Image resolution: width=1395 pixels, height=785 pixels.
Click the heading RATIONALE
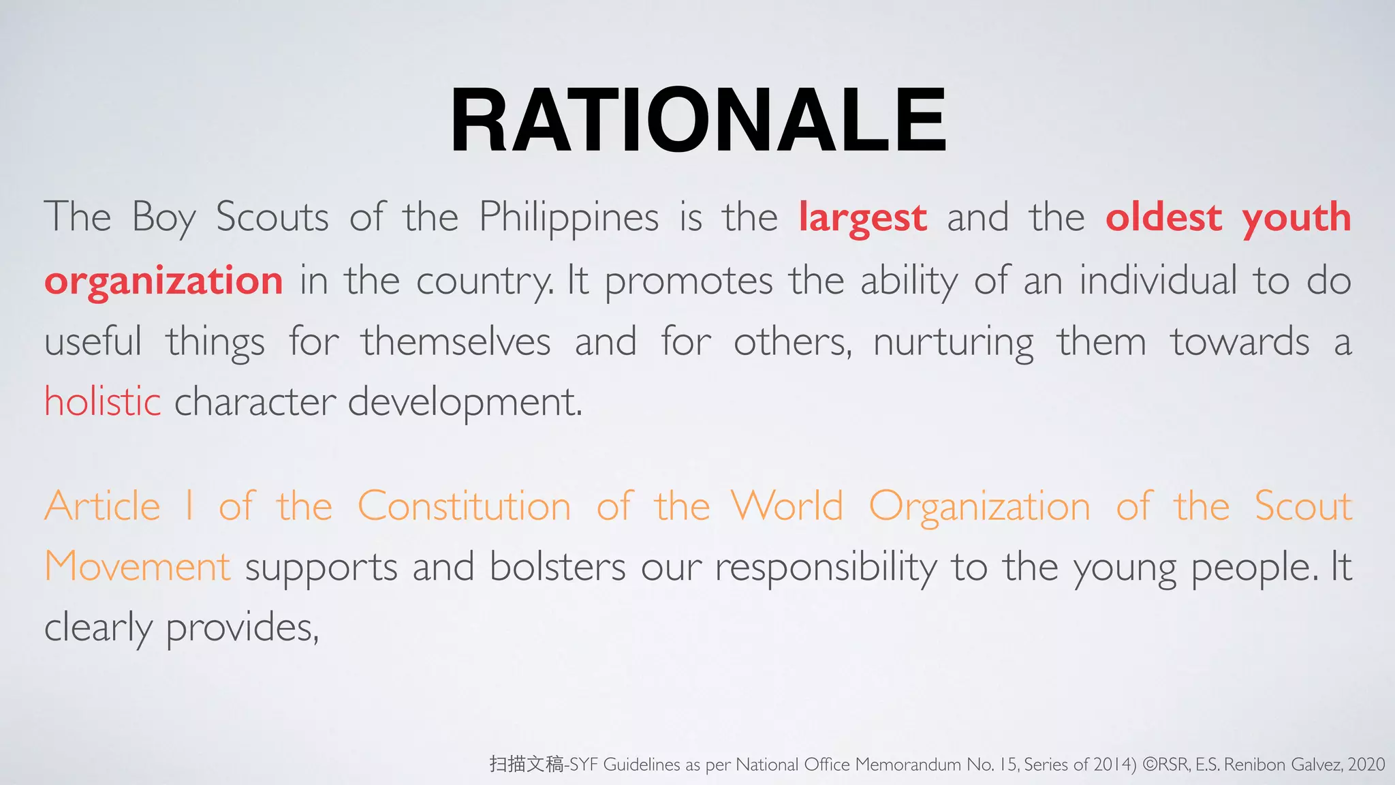click(x=697, y=121)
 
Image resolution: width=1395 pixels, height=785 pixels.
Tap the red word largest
click(x=862, y=218)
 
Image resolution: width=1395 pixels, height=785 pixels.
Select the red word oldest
click(x=1163, y=218)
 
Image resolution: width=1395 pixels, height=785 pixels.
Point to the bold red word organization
click(x=163, y=281)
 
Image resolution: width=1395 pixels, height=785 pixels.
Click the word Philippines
click(x=569, y=218)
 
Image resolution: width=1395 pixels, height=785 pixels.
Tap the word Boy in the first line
click(x=163, y=218)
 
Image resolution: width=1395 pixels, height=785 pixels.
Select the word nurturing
click(x=953, y=343)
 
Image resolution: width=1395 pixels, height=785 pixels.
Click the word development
click(x=465, y=402)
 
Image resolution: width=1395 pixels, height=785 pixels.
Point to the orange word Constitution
click(x=464, y=506)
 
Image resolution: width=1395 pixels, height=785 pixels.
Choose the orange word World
click(x=787, y=506)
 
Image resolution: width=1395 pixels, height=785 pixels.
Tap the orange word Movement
click(x=138, y=567)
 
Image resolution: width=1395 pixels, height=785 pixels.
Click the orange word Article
click(x=102, y=506)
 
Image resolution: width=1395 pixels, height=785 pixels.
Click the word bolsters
click(x=557, y=567)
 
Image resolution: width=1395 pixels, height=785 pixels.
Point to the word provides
click(x=242, y=628)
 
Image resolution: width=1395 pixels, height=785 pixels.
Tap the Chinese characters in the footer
click(x=527, y=765)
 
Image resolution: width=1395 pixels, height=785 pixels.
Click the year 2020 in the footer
click(x=1366, y=765)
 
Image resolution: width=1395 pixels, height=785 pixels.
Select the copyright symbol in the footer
click(x=1149, y=765)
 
